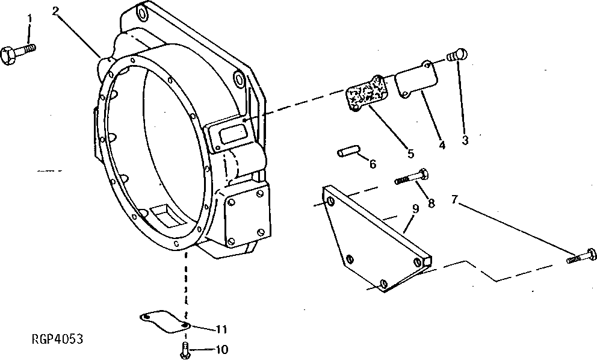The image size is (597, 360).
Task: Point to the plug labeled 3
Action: (458, 55)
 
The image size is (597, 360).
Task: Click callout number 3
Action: (465, 140)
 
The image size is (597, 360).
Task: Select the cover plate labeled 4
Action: (415, 82)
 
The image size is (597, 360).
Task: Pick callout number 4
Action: (442, 144)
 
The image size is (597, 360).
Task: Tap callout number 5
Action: (410, 154)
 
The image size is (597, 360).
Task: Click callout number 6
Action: (373, 163)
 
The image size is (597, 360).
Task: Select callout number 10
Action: (221, 349)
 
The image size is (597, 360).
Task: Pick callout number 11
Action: (221, 329)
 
